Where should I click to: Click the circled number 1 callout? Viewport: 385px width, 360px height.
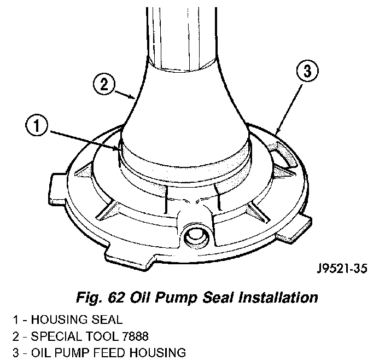pyautogui.click(x=37, y=126)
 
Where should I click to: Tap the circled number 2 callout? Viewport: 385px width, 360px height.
pyautogui.click(x=104, y=85)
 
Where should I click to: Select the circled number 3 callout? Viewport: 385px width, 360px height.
pyautogui.click(x=307, y=72)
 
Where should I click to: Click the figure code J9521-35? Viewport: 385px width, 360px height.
pyautogui.click(x=342, y=269)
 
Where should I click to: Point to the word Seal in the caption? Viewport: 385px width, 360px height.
pyautogui.click(x=217, y=298)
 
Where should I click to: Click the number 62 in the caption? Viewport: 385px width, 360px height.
pyautogui.click(x=116, y=298)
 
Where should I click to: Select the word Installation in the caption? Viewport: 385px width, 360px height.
pyautogui.click(x=278, y=298)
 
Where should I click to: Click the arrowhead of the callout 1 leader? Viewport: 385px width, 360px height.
pyautogui.click(x=117, y=148)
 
